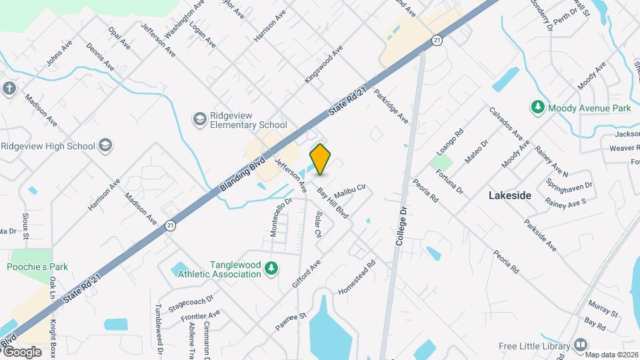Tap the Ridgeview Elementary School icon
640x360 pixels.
click(x=199, y=119)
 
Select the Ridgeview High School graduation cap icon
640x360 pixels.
click(x=105, y=145)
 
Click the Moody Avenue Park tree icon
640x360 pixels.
click(x=537, y=107)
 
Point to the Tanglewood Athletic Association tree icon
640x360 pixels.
click(x=271, y=269)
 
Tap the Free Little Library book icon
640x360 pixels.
click(x=580, y=345)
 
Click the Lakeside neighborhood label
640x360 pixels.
click(x=510, y=195)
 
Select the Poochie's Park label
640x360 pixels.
click(x=37, y=267)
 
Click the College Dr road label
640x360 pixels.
click(x=402, y=228)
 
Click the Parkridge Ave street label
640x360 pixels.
click(x=391, y=106)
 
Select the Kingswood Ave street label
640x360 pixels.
click(x=323, y=65)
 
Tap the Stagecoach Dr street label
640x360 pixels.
click(x=191, y=304)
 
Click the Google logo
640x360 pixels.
click(x=21, y=352)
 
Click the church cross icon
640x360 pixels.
click(x=9, y=89)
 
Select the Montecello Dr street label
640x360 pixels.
click(x=282, y=216)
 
